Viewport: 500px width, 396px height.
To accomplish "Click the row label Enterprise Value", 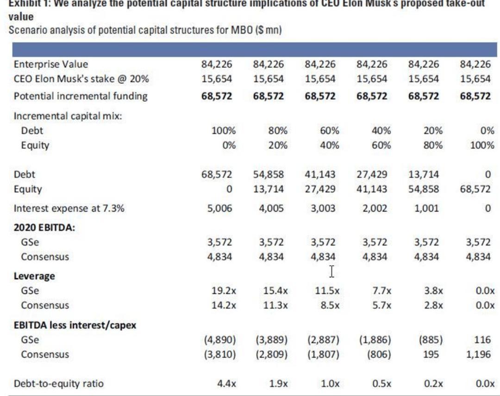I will coord(50,64).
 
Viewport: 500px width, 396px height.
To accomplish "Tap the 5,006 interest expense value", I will coord(219,208).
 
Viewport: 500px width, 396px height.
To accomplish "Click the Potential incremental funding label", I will coord(81,96).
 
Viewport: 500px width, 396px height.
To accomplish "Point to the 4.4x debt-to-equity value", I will coord(227,383).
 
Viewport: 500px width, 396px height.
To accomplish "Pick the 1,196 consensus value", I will coord(479,355).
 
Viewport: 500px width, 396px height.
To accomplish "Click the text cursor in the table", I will coord(331,272).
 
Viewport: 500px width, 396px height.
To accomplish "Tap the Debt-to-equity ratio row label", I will coord(59,383).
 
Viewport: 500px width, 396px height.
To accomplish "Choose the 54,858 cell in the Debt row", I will coord(269,175).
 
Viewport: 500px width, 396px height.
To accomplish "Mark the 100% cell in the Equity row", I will coord(481,145).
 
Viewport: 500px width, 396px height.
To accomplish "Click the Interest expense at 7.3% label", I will coord(69,208).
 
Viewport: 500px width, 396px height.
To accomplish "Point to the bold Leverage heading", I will coord(34,276).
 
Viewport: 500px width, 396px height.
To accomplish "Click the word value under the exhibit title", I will coord(21,17).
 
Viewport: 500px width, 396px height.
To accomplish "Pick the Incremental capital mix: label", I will coord(68,116).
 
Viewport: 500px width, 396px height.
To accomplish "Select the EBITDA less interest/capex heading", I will coord(75,325).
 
